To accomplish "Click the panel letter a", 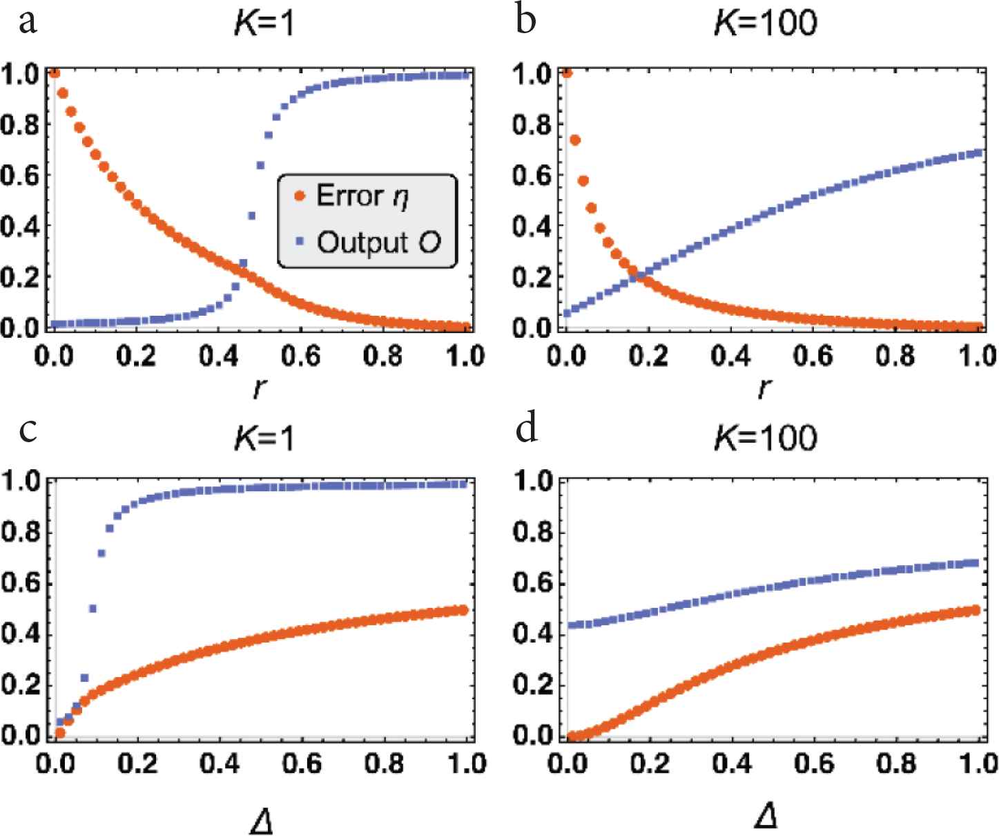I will (x=28, y=22).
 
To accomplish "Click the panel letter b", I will (x=526, y=22).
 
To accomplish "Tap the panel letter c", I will (x=28, y=431).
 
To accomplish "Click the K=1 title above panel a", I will (x=264, y=24).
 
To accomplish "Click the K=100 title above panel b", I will (x=765, y=24).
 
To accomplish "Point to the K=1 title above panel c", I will (x=264, y=437).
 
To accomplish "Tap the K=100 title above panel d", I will (x=765, y=437).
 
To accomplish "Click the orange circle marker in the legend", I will (x=300, y=197).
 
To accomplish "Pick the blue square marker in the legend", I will (x=300, y=243).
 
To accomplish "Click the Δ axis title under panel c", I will (x=263, y=819).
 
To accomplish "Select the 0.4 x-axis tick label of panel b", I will (x=733, y=356).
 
